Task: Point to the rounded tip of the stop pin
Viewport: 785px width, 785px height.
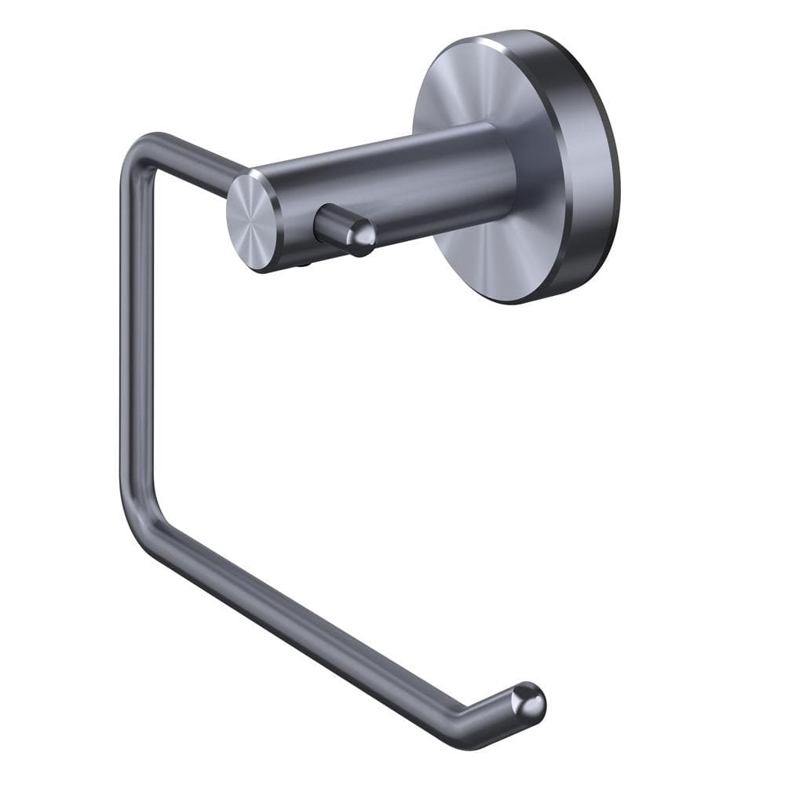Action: tap(362, 235)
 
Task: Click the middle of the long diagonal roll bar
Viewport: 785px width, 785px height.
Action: tap(314, 628)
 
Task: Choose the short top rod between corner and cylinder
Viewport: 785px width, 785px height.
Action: tap(196, 160)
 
